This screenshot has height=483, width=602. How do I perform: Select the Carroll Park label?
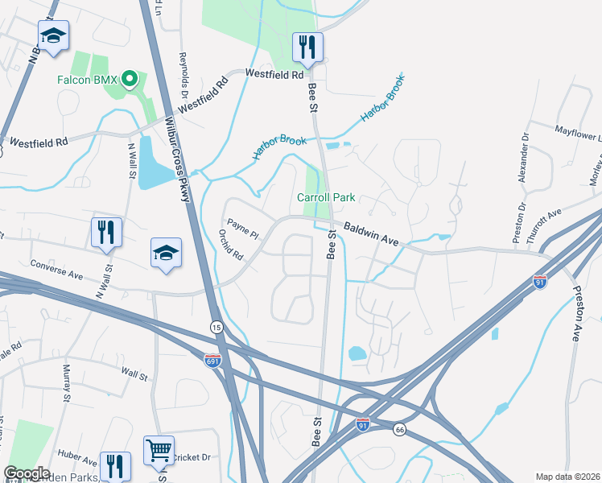click(326, 197)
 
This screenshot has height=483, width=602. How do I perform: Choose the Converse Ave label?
click(56, 264)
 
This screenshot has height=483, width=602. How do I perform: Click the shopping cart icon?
click(159, 451)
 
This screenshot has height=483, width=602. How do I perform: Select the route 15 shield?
click(216, 327)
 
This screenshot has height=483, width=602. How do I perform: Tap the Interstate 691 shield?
click(212, 361)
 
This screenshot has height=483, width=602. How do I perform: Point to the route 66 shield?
click(399, 430)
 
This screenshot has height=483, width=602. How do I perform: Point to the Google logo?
click(27, 473)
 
